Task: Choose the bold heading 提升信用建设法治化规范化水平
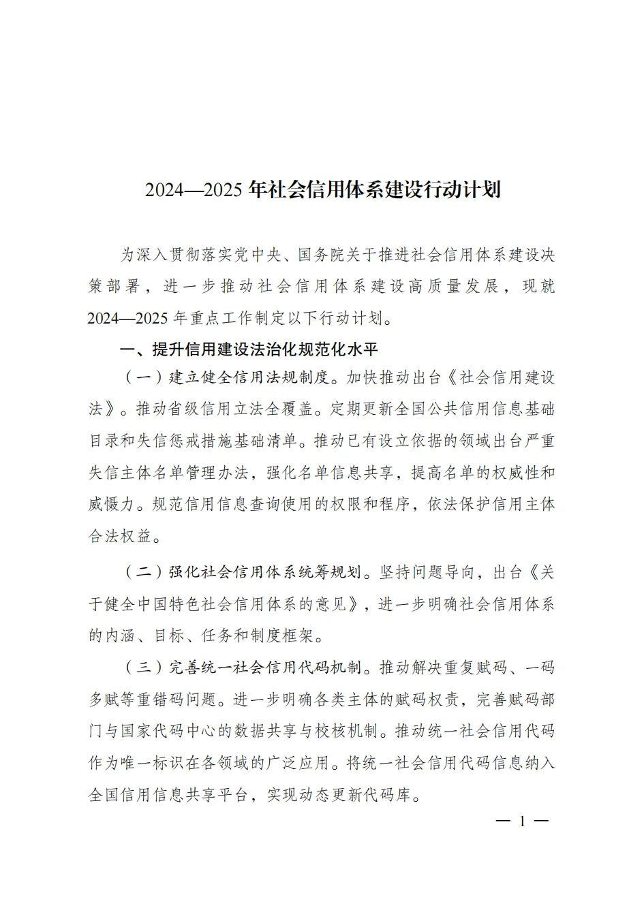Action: coord(265,349)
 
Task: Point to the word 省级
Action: coord(200,409)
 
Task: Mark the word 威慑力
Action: coord(112,504)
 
